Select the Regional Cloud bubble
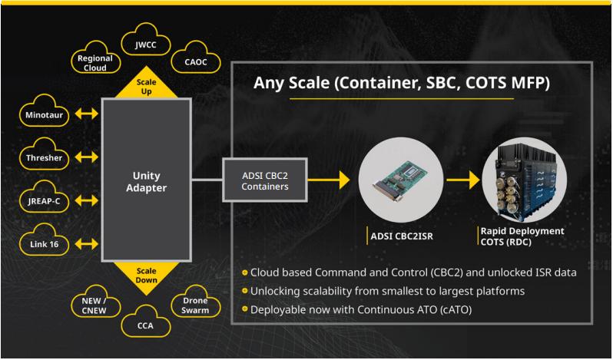[95, 61]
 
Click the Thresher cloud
[39, 159]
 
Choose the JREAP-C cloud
[40, 202]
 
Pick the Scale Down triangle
[146, 272]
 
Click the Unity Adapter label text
[146, 180]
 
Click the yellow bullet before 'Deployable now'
[244, 309]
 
